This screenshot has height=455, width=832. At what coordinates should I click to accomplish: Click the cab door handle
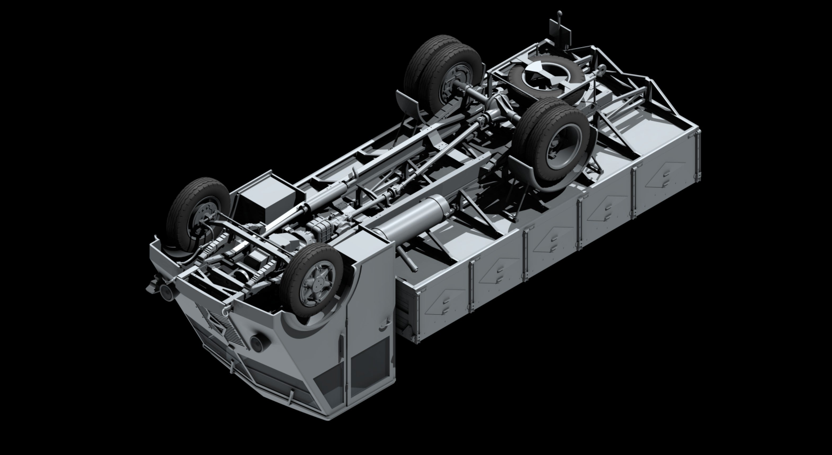[x=384, y=327]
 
